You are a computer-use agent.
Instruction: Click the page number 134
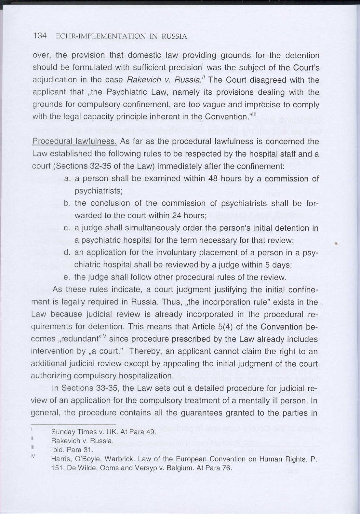pyautogui.click(x=40, y=36)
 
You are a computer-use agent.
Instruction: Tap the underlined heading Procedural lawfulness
pyautogui.click(x=75, y=142)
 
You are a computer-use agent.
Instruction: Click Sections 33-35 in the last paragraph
pyautogui.click(x=85, y=388)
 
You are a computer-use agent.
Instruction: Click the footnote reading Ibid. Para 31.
pyautogui.click(x=72, y=450)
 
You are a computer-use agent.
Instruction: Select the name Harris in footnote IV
pyautogui.click(x=60, y=459)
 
